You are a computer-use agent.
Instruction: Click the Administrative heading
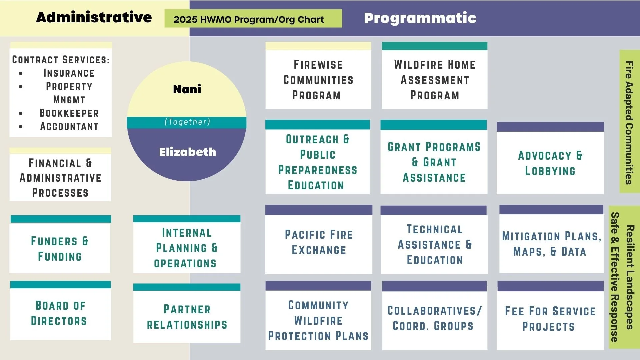pos(94,17)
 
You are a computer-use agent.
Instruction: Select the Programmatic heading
pos(420,18)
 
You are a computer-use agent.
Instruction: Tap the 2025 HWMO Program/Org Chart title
pos(249,19)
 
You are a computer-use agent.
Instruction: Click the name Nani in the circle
pos(187,89)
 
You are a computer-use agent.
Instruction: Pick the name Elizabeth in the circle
pos(187,152)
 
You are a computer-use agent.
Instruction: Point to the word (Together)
pos(187,122)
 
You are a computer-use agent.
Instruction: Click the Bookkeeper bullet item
pos(69,113)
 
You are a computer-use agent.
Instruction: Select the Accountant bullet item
pos(69,127)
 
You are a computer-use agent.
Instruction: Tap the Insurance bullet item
pos(69,73)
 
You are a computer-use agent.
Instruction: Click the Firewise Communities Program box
pos(318,80)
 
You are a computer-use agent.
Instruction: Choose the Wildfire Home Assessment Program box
pos(435,80)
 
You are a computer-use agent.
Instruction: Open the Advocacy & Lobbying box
pos(550,163)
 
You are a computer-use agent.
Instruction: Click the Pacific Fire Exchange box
pos(319,242)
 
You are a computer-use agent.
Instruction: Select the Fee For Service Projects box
pos(550,319)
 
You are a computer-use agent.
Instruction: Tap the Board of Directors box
pos(60,313)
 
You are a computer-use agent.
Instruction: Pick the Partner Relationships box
pos(187,317)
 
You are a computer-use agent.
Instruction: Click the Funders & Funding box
pos(60,249)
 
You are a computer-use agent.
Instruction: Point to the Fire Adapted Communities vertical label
pos(629,122)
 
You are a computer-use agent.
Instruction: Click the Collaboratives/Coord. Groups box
pos(434,318)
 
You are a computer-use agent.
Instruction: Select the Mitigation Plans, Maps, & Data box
pos(551,244)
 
